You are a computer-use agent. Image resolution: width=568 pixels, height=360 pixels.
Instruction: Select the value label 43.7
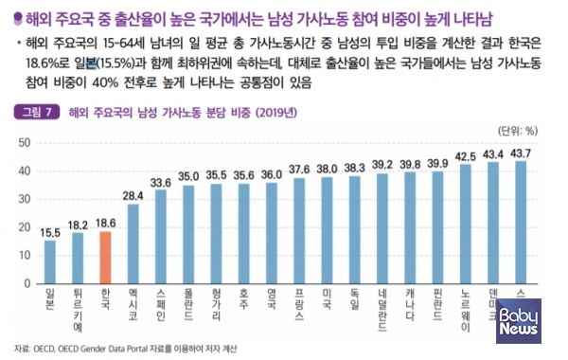click(x=521, y=153)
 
